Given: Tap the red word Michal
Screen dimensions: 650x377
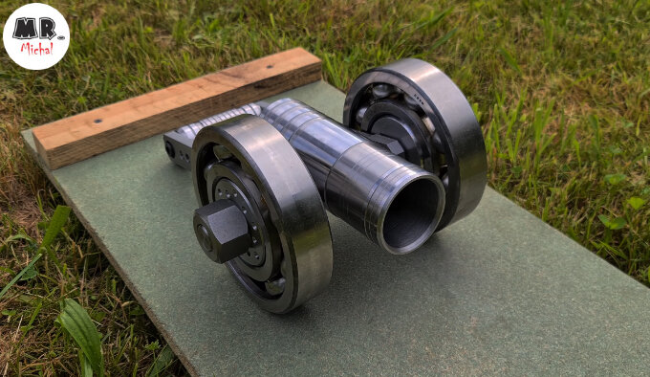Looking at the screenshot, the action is coord(37,49).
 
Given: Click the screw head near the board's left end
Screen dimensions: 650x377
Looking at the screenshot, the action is coord(97,122).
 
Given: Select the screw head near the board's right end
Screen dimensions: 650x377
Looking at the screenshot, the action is coord(270,66).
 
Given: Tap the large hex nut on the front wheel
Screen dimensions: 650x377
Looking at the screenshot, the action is coord(222,230).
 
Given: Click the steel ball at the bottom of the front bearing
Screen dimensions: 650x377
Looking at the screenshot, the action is coord(275,286).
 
